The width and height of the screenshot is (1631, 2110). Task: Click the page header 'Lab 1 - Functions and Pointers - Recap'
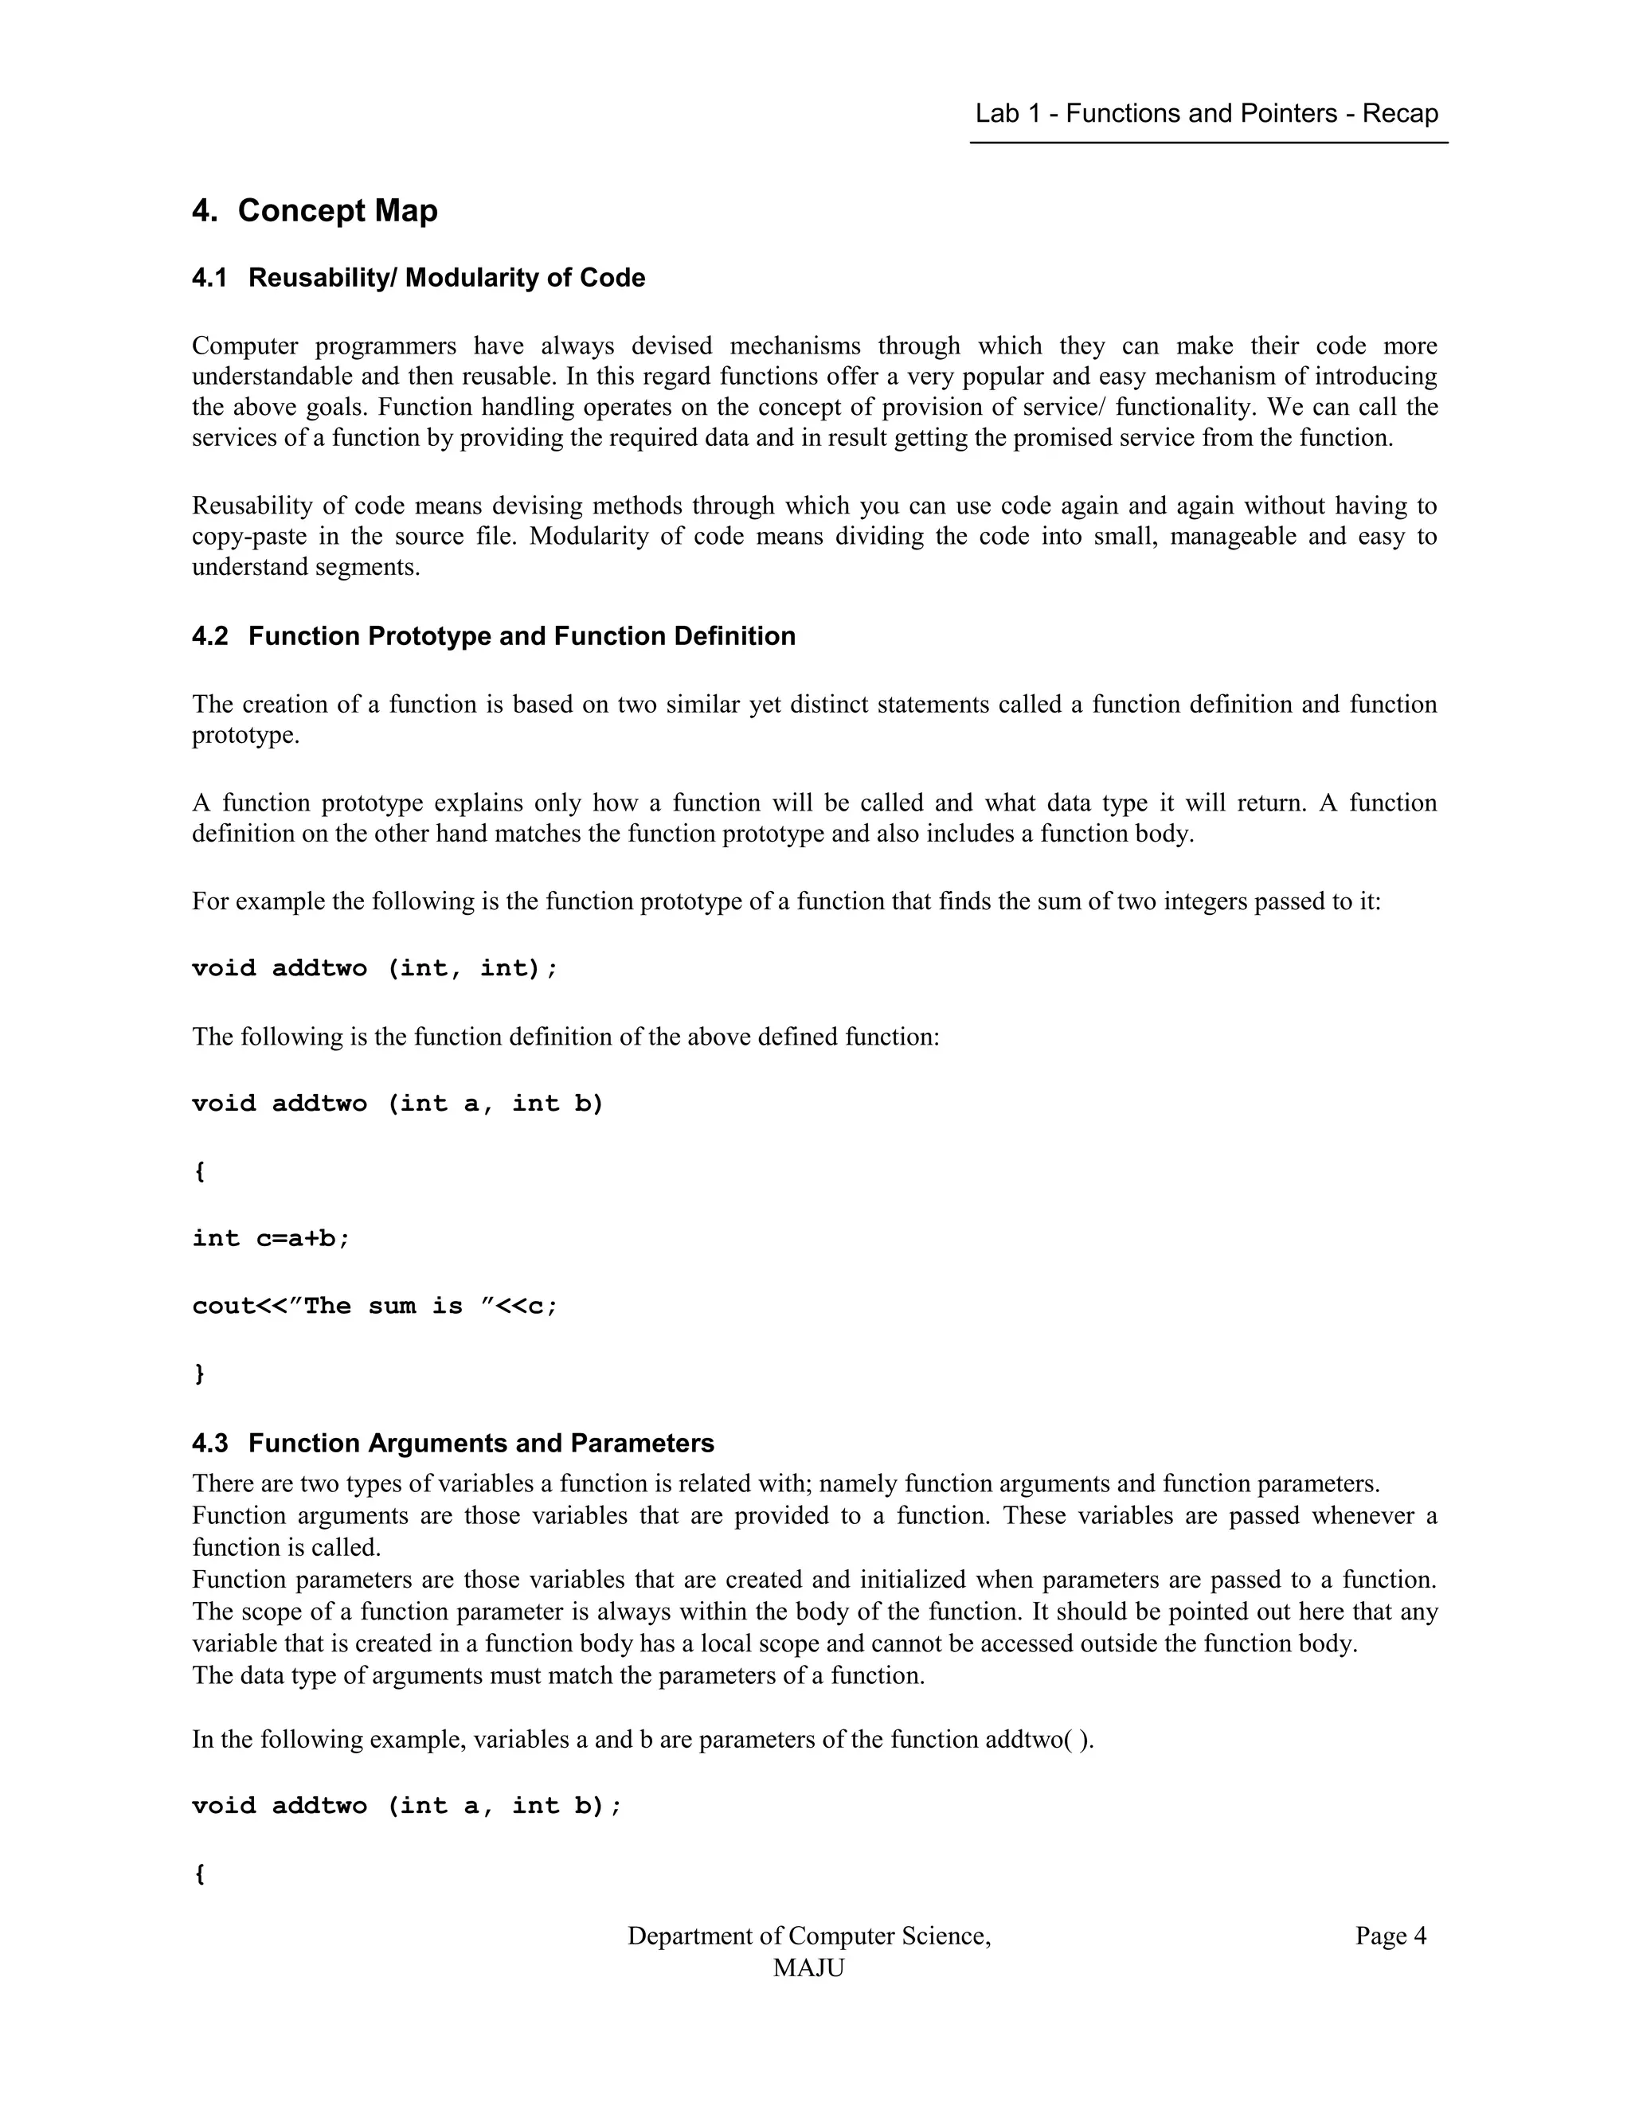pos(1206,114)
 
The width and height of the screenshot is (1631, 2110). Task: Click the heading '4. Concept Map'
pos(315,211)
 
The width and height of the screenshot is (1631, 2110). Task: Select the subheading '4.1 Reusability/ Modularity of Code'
pos(418,278)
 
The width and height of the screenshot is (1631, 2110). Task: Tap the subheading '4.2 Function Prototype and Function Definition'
pos(494,637)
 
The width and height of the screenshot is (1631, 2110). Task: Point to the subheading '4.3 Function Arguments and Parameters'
pos(453,1444)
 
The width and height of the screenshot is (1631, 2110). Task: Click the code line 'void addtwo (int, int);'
pos(375,968)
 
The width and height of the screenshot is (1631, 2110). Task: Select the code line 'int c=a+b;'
pos(271,1239)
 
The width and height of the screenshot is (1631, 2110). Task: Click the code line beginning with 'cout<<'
pos(375,1306)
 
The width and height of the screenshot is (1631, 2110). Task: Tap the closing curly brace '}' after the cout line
pos(200,1373)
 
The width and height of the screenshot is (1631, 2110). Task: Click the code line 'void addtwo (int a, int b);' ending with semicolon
pos(407,1806)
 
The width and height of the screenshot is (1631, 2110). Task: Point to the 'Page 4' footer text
pos(1390,1936)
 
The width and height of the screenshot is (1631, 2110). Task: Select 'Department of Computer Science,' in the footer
pos(809,1936)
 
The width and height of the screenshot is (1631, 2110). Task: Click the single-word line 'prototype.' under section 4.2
pos(245,737)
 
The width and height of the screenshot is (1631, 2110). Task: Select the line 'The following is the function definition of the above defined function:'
pos(565,1037)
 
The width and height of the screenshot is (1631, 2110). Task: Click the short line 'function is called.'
pos(286,1548)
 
